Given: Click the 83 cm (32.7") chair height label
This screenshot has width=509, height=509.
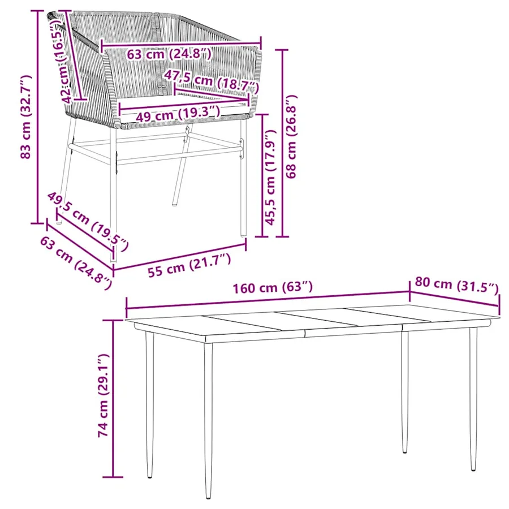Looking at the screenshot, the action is pos(25,117).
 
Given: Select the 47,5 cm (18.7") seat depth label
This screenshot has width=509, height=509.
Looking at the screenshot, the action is pos(212,80).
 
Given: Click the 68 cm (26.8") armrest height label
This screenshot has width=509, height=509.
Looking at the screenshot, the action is pos(291,136).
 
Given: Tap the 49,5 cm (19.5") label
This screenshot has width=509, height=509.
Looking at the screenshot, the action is pos(88,221).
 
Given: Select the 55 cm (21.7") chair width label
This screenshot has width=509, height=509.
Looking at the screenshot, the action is pos(189,265).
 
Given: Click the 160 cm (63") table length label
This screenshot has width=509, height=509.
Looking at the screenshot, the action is pos(273,288).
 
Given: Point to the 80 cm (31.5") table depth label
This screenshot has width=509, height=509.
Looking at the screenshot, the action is pos(456,285).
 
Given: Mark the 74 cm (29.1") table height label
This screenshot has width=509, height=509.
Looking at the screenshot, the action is pos(103,395).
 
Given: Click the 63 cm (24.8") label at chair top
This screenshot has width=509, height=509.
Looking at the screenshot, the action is pos(169,54).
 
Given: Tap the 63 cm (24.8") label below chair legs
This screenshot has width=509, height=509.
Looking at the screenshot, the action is pos(76,262).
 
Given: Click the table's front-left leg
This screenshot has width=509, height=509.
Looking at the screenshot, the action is pos(208,420).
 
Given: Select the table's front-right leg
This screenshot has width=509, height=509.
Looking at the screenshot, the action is pos(473,399).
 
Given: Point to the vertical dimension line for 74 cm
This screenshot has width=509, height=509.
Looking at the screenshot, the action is pos(113,398).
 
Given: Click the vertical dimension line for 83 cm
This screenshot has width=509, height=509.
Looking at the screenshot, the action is pos(38,117).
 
